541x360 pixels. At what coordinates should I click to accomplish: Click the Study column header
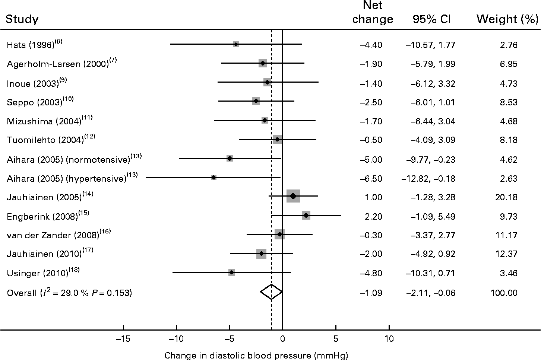(22, 19)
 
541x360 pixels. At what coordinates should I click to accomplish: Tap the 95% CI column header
(431, 19)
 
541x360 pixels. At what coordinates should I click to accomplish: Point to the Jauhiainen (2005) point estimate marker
(293, 196)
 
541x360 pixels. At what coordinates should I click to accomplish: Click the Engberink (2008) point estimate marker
(306, 215)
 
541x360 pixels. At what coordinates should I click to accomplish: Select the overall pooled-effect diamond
(271, 292)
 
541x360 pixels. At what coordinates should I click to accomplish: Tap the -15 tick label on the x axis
(123, 339)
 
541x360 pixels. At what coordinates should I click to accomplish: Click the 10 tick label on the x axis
(389, 339)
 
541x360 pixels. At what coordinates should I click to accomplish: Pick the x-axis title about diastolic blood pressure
(256, 355)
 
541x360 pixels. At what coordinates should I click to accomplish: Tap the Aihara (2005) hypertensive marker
(213, 177)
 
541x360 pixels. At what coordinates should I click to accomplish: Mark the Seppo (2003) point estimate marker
(256, 101)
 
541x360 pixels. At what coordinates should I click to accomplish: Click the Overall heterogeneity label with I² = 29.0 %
(70, 293)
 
